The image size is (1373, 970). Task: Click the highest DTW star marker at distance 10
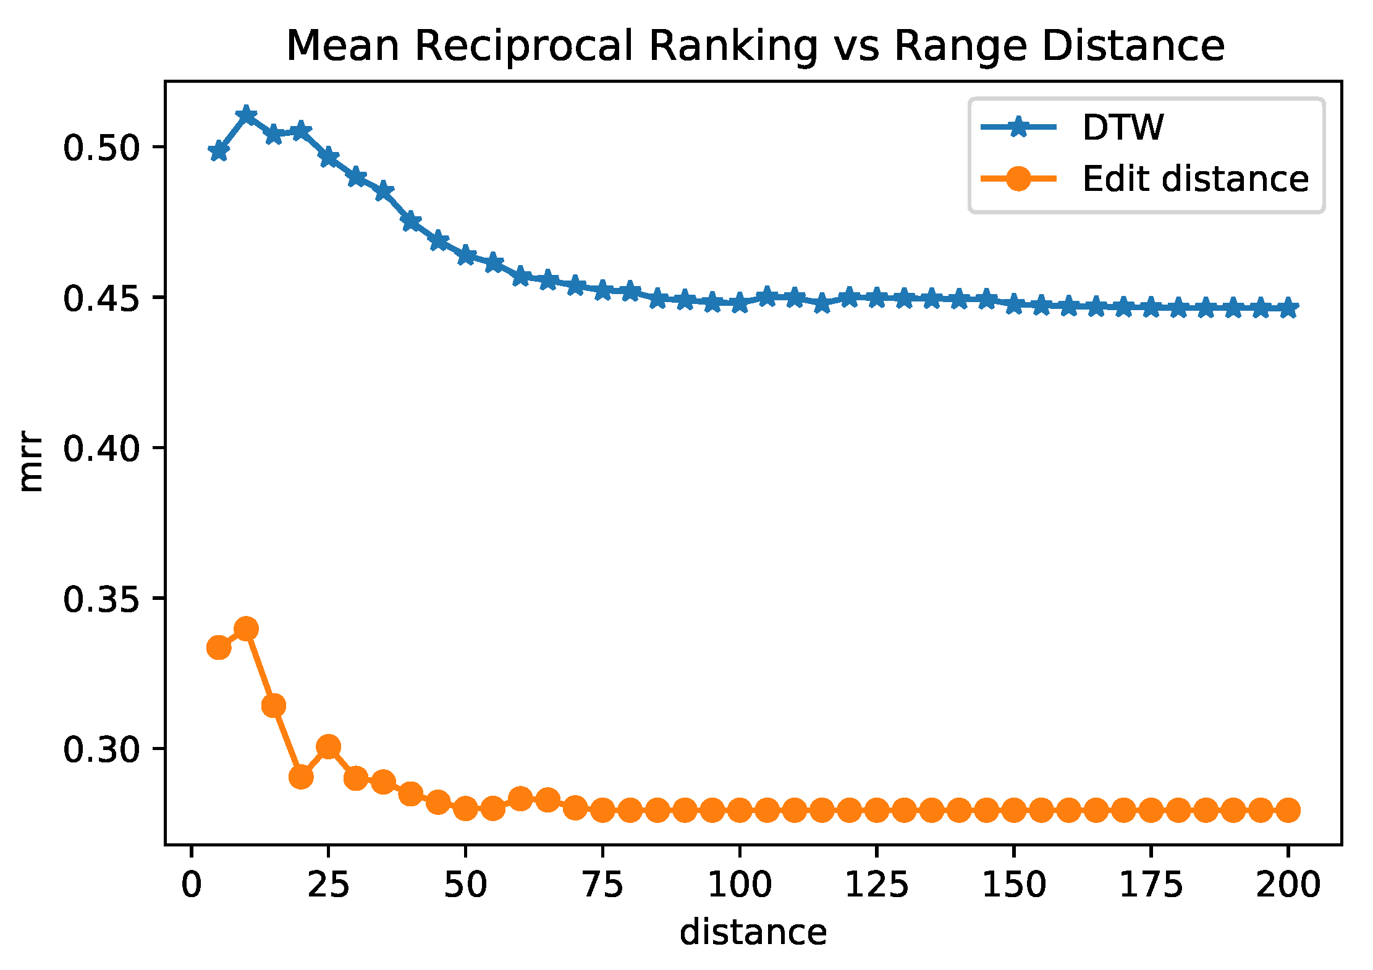(x=246, y=115)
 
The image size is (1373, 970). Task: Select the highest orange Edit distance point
(x=246, y=629)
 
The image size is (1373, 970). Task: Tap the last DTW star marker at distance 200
(x=1288, y=308)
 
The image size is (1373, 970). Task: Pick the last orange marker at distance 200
(x=1288, y=809)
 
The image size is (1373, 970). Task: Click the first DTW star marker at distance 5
(x=219, y=151)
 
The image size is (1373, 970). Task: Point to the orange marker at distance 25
(x=328, y=747)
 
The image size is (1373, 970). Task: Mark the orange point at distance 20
(x=301, y=777)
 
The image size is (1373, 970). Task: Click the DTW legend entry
(x=1122, y=128)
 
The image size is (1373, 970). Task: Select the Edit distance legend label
(x=1195, y=179)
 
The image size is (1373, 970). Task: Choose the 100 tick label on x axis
(x=739, y=885)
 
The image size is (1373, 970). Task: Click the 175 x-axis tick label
(x=1151, y=885)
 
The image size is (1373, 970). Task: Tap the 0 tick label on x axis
(x=192, y=885)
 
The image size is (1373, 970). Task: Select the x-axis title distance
(x=753, y=932)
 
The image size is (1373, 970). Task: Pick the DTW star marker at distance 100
(x=740, y=303)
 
